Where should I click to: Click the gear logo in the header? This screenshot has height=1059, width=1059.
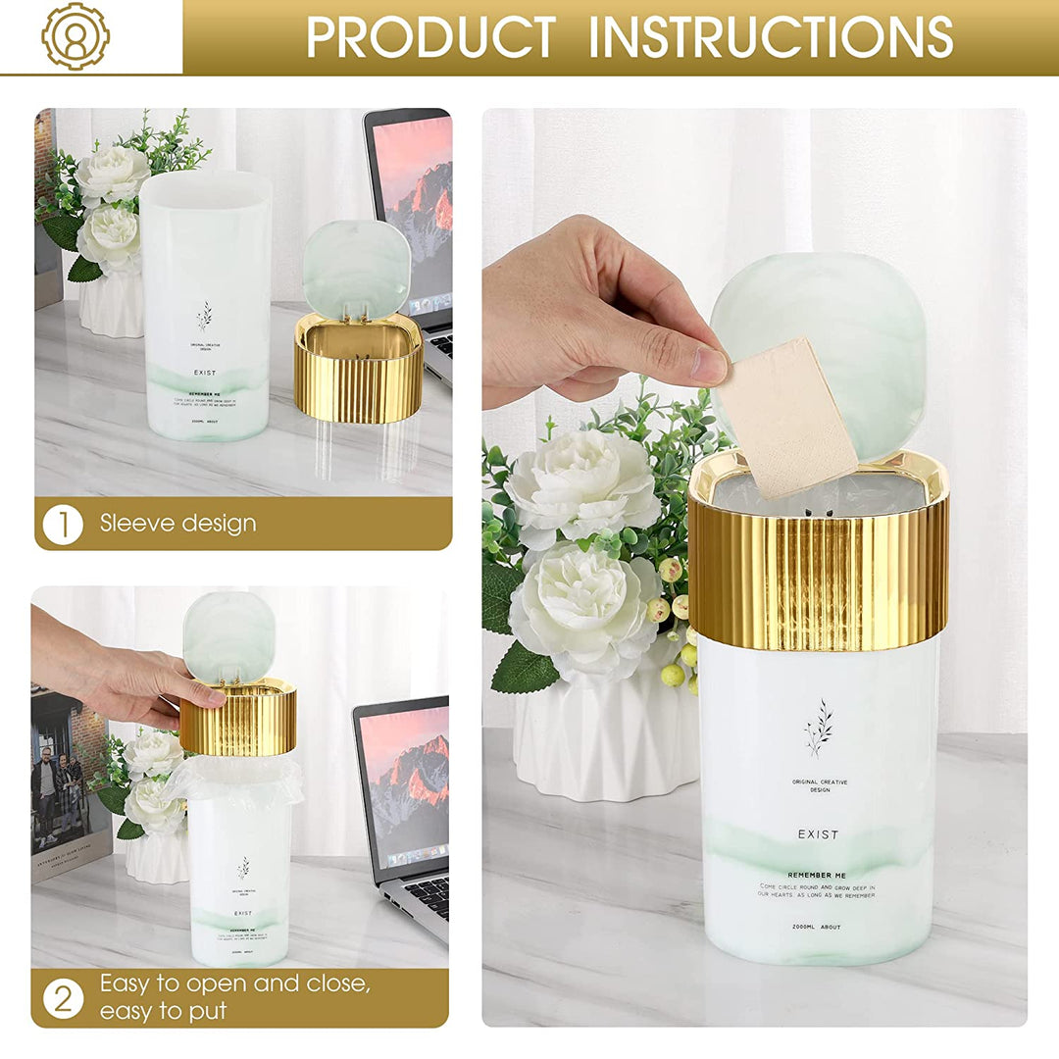(x=76, y=36)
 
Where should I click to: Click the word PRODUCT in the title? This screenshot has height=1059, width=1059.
(x=430, y=37)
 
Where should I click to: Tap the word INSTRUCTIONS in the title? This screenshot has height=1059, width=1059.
(x=770, y=37)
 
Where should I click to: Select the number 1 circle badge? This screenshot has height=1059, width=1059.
(x=63, y=524)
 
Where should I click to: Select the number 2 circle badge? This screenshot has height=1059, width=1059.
(x=63, y=999)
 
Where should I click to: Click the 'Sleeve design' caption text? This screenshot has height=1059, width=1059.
(x=177, y=524)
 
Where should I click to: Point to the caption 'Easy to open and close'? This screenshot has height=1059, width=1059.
(x=235, y=983)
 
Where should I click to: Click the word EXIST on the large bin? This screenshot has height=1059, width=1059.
(x=818, y=834)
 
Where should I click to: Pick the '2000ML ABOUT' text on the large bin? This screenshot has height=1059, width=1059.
(x=817, y=927)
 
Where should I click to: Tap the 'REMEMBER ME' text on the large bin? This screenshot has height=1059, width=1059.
(x=817, y=875)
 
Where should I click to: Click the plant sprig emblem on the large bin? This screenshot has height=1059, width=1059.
(x=819, y=728)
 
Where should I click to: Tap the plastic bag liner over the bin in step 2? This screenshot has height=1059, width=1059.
(x=235, y=779)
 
